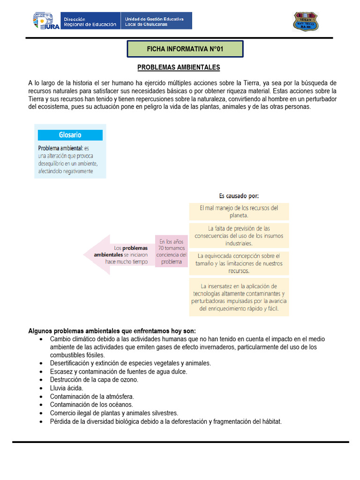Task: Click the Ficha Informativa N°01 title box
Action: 185,49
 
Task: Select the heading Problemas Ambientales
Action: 179,67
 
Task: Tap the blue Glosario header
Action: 70,135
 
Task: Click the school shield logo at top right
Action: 306,21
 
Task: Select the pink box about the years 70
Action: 172,252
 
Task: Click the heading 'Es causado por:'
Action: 239,195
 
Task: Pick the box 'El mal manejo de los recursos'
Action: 239,211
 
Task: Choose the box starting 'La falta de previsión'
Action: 239,236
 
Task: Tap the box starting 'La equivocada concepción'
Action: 239,263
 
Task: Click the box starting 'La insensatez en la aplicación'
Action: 239,297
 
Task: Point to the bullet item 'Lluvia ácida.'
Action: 67,388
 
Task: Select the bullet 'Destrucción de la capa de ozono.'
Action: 94,380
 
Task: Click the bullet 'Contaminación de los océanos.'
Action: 91,405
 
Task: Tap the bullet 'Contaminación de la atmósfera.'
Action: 92,397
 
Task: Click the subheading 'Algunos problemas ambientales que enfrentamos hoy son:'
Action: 112,330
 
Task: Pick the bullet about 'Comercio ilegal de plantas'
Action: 114,413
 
